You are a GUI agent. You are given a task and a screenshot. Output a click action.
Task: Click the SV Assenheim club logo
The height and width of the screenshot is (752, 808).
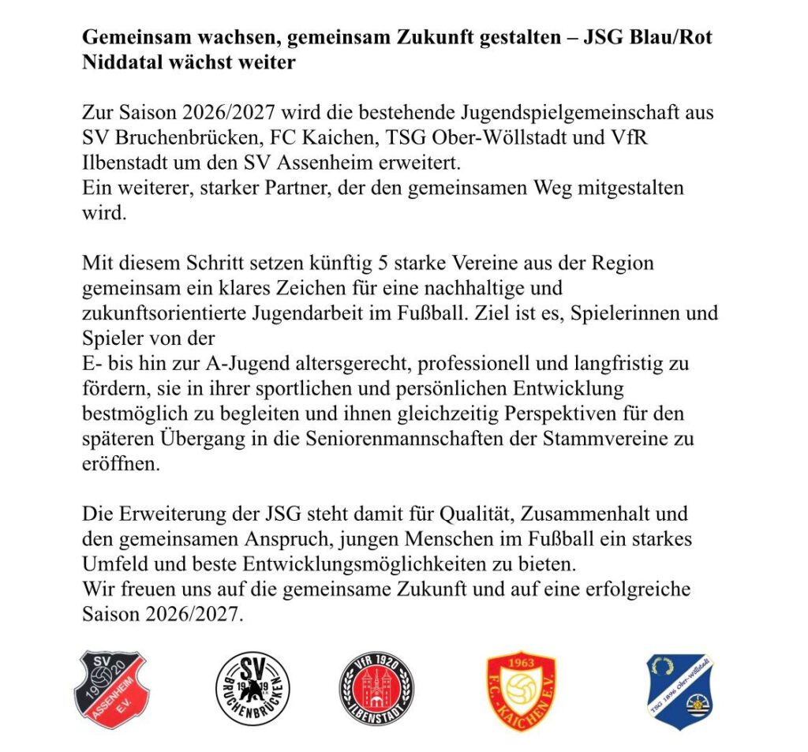tap(111, 689)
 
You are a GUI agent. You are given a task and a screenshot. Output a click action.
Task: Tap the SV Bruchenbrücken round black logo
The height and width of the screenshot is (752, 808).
tap(252, 689)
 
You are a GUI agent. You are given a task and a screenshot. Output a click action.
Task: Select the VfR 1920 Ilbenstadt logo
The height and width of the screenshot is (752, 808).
tap(376, 689)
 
